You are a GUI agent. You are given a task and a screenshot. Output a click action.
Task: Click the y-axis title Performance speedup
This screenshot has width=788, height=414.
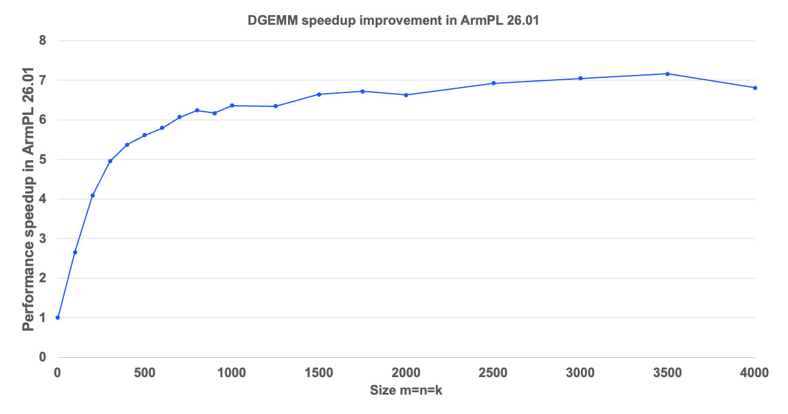(x=28, y=199)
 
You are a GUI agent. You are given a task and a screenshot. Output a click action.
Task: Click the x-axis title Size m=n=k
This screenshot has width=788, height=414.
(x=406, y=391)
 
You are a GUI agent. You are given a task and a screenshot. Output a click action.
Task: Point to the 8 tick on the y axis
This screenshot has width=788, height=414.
(x=42, y=41)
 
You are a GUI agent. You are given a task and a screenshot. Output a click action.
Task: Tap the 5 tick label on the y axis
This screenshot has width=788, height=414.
(x=42, y=160)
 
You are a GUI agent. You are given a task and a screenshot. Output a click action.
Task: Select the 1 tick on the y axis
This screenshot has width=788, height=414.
(x=42, y=318)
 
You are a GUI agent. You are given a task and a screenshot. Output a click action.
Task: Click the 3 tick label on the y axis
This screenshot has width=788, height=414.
(x=42, y=239)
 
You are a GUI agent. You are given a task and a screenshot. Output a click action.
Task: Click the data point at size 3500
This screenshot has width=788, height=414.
(x=667, y=74)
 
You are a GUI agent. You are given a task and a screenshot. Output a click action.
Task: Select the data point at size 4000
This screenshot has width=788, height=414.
(x=755, y=88)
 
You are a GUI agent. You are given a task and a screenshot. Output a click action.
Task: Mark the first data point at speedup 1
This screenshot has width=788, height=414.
(x=58, y=317)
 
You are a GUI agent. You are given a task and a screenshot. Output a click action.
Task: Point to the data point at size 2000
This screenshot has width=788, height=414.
(x=406, y=95)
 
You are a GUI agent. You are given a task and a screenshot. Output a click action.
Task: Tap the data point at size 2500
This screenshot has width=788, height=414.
(x=493, y=83)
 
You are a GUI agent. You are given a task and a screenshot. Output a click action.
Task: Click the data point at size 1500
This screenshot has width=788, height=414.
(x=319, y=94)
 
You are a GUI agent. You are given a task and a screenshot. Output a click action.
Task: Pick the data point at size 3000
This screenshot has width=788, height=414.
(x=580, y=79)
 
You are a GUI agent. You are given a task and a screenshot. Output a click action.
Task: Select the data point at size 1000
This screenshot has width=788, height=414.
(x=232, y=106)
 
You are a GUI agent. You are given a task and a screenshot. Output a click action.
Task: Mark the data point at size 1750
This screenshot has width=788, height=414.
(x=362, y=91)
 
